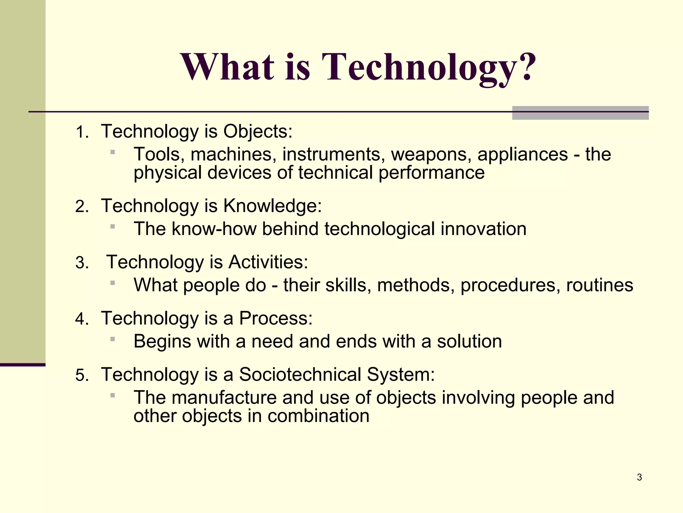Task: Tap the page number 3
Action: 639,477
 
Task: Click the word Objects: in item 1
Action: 258,131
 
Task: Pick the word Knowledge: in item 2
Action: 272,206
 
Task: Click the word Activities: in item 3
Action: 268,262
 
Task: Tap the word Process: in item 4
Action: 276,318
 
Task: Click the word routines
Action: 599,285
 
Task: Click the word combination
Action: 318,416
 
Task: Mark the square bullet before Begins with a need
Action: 113,339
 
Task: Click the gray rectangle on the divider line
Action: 580,113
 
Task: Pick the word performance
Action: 431,173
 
